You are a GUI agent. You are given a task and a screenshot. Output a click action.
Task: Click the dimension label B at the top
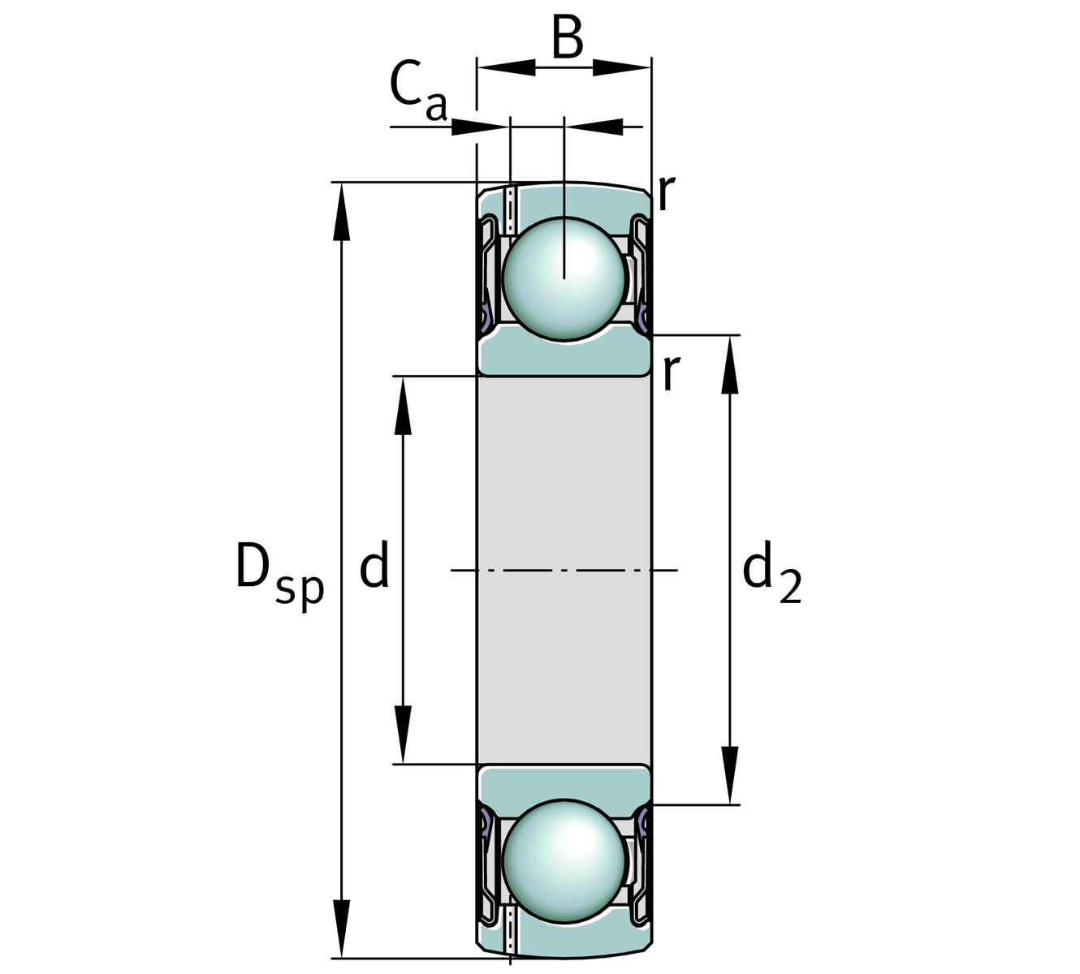point(568,38)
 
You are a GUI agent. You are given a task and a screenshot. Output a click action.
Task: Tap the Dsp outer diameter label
point(279,573)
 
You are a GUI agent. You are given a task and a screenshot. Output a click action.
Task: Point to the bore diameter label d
point(374,567)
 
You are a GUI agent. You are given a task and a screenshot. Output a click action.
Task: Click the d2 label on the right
point(771,573)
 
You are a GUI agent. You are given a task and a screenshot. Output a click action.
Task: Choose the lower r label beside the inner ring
point(669,373)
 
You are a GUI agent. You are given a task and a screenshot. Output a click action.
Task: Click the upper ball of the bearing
point(564,277)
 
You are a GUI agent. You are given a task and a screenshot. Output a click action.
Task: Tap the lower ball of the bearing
point(564,860)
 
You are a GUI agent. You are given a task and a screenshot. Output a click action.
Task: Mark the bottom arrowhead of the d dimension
point(403,734)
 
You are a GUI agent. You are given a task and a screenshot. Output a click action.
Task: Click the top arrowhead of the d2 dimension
point(730,365)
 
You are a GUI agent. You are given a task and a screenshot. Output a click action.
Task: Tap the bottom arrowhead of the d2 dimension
point(730,774)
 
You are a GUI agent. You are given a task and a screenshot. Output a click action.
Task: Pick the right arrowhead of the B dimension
point(621,68)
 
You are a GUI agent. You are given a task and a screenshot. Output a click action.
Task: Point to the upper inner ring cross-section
point(564,358)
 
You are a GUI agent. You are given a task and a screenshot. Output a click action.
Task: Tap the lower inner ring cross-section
point(564,782)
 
